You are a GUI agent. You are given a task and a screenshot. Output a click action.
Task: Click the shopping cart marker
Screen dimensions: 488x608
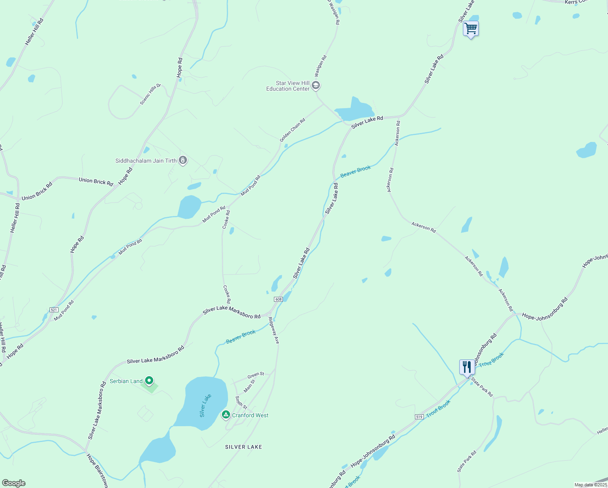[x=471, y=29]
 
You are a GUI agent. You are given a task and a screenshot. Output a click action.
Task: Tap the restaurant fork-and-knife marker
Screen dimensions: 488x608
[x=467, y=367]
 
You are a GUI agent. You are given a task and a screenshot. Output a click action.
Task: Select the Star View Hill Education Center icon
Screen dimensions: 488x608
[x=316, y=86]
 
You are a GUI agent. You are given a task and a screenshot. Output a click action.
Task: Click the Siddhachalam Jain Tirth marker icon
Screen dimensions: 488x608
[x=183, y=161]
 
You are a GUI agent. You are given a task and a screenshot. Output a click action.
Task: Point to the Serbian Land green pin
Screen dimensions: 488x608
[x=149, y=381]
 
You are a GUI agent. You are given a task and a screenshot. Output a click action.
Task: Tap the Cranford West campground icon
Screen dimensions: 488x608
[x=226, y=415]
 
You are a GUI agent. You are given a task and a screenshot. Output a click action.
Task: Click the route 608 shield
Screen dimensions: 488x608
[x=278, y=299]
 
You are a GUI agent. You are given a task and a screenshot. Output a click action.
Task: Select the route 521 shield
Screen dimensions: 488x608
[x=54, y=310]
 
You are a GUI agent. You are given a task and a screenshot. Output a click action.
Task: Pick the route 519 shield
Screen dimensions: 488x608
[x=419, y=417]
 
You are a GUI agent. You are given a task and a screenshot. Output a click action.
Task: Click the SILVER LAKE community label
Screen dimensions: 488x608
[x=243, y=447]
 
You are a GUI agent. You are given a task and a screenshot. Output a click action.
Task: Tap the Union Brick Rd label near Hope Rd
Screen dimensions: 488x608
[x=96, y=181]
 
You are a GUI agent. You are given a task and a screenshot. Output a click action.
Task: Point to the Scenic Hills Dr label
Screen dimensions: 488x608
[x=150, y=94]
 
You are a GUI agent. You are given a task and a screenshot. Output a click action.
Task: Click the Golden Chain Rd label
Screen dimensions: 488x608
[x=292, y=130]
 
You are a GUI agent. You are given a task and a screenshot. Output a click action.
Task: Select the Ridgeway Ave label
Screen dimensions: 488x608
[x=274, y=331]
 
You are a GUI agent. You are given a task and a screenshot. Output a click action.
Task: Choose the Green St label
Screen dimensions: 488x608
[x=256, y=375]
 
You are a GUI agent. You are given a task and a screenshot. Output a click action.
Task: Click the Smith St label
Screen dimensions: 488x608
[x=241, y=402]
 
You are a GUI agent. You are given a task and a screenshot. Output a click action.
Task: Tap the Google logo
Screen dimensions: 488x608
[x=14, y=483]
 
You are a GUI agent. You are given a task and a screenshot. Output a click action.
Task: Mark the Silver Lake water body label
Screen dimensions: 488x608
[x=205, y=405]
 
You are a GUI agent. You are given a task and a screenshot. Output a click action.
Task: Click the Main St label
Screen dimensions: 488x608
[x=249, y=386]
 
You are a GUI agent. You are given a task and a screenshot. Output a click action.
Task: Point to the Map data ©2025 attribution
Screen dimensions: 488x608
[x=591, y=485]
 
